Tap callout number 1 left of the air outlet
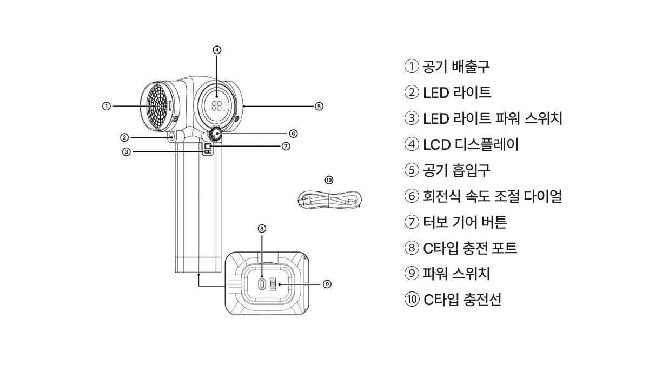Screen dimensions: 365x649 click(107, 106)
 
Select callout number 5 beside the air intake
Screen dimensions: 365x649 click(319, 106)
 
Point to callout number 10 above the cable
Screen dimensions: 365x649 click(329, 180)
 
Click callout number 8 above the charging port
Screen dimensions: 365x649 click(262, 229)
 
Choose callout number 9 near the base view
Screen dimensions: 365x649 click(327, 283)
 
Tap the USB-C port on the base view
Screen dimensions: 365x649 click(262, 283)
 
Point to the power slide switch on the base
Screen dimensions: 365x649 click(273, 283)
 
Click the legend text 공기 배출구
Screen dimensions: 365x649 click(456, 67)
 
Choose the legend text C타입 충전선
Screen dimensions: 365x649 click(462, 300)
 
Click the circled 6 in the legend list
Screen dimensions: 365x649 click(412, 196)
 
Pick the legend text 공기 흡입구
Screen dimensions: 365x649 click(456, 170)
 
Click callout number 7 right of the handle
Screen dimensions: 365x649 click(286, 146)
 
